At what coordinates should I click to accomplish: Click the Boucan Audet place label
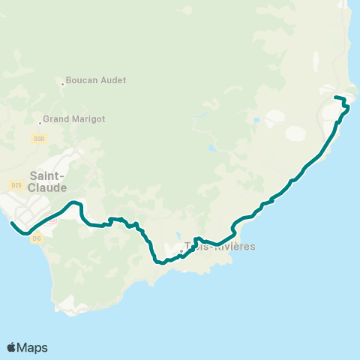[95, 80]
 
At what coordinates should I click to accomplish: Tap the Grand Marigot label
[73, 118]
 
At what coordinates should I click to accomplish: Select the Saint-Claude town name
[49, 182]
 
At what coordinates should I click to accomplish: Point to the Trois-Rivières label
[220, 247]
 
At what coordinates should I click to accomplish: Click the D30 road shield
[39, 139]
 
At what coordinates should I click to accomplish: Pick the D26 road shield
[16, 185]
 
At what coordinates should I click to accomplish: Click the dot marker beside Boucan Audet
[62, 83]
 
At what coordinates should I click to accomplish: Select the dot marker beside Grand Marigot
[40, 122]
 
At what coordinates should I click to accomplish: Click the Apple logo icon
[11, 347]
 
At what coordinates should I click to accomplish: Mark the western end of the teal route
[12, 223]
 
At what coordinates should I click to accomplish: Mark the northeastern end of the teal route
[334, 97]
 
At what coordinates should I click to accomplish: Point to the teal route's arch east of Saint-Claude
[73, 202]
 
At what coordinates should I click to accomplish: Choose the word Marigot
[88, 118]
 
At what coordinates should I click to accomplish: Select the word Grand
[55, 118]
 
